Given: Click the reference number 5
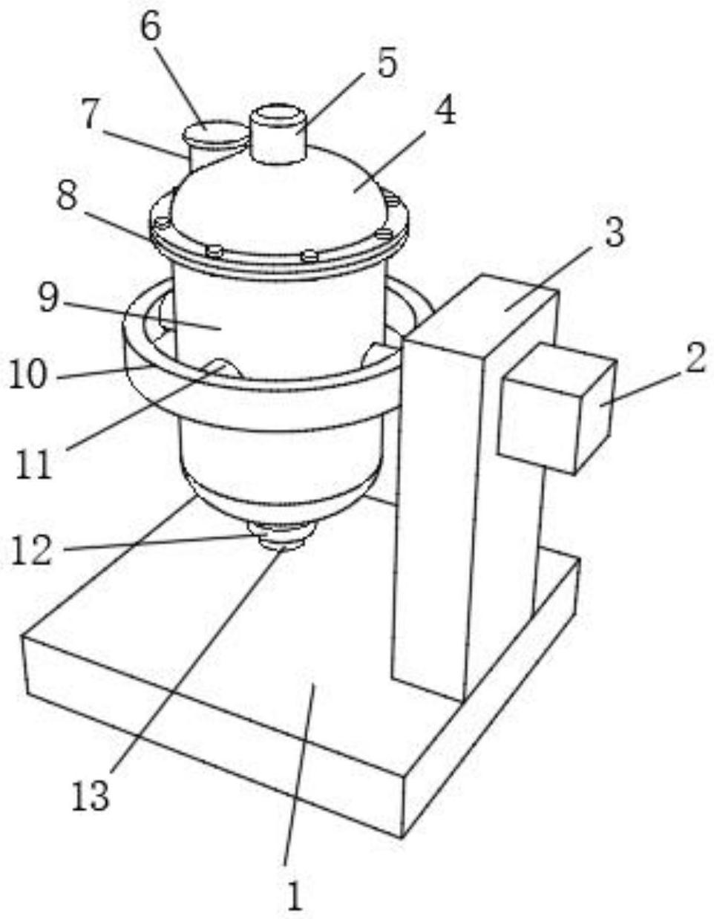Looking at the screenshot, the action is pyautogui.click(x=387, y=62).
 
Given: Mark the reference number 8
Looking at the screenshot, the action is pyautogui.click(x=68, y=195).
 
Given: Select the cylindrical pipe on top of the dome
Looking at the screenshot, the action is pyautogui.click(x=278, y=135).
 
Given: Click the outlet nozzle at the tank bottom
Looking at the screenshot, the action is pyautogui.click(x=282, y=537).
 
